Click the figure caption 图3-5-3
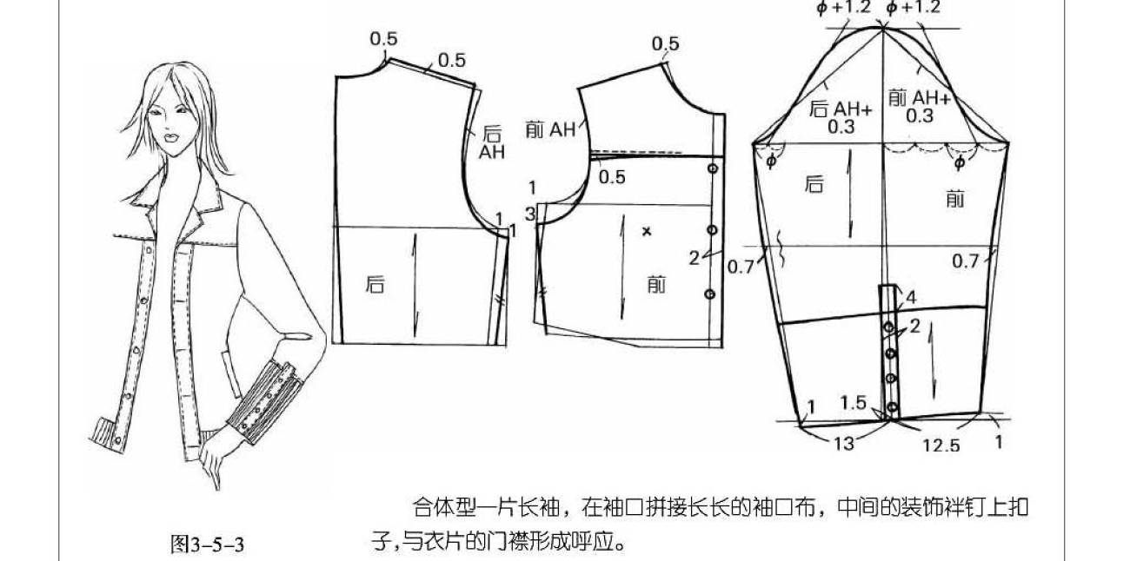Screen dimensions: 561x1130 point(207,544)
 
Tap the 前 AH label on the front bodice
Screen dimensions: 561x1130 point(550,130)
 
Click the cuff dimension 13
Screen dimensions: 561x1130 point(843,443)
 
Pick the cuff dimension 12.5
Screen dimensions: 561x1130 point(941,445)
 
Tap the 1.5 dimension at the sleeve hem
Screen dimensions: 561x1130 point(854,402)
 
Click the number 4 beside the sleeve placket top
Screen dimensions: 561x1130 point(911,298)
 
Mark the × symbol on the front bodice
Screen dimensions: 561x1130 point(646,231)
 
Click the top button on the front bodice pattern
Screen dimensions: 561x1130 point(713,168)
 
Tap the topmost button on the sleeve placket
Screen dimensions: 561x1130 point(889,327)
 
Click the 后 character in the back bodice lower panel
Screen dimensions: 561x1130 point(375,283)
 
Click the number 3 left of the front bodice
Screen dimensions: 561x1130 point(530,214)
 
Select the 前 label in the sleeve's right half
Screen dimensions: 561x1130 point(954,200)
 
